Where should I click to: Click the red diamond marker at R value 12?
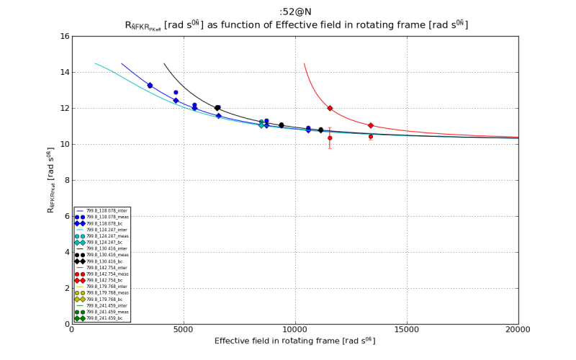(x=330, y=108)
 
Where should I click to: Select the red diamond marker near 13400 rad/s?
(x=371, y=125)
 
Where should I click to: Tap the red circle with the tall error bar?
(x=330, y=138)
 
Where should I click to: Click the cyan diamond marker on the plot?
(x=261, y=125)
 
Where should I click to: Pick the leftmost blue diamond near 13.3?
(x=150, y=85)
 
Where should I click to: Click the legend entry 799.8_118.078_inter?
(x=102, y=210)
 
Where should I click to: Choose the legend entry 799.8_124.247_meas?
(x=102, y=236)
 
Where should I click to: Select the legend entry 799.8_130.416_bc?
(x=100, y=261)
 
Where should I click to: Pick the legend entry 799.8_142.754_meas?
(x=102, y=274)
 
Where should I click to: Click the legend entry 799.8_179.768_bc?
(x=100, y=300)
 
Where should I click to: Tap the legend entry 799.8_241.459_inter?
(x=102, y=305)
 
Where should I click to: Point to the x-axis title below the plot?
(x=294, y=341)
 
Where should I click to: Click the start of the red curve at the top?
(x=304, y=64)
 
